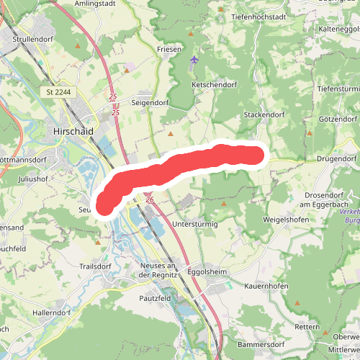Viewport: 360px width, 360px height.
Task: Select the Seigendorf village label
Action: coord(149,102)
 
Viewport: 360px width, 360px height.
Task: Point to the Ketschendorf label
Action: coord(213,84)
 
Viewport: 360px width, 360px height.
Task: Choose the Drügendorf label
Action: coord(336,158)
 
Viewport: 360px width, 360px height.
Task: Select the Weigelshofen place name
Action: coord(286,219)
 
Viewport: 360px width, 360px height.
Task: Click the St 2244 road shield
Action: coord(58,92)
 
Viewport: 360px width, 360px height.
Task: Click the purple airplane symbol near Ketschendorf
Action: coord(194,59)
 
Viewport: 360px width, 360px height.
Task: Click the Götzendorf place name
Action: coord(338,119)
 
